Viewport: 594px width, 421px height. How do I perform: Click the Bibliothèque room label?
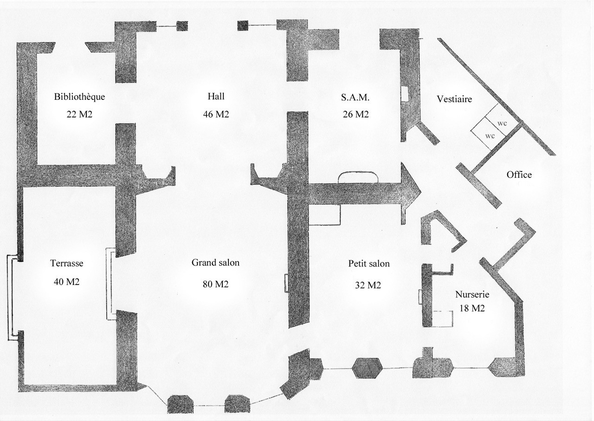[x=79, y=97]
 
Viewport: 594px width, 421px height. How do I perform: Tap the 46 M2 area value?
[x=216, y=114]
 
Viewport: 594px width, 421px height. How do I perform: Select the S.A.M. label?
[x=355, y=97]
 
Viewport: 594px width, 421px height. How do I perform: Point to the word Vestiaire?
[x=454, y=99]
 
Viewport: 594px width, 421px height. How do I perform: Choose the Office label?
[x=519, y=175]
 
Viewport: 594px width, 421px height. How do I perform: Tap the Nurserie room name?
[x=472, y=294]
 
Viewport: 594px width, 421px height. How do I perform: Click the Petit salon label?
[x=369, y=264]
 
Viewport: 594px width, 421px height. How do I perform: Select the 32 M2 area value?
[x=368, y=285]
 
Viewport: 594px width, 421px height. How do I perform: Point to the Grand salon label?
[x=216, y=263]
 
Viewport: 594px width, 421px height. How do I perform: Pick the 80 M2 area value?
[x=216, y=284]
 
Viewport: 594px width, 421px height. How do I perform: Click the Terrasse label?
[x=67, y=263]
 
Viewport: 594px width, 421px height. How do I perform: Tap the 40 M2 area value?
[x=67, y=282]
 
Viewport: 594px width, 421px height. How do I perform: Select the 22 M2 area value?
[x=79, y=114]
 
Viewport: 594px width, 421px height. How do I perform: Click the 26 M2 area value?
[x=355, y=114]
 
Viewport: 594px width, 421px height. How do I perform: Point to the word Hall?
[x=216, y=97]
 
